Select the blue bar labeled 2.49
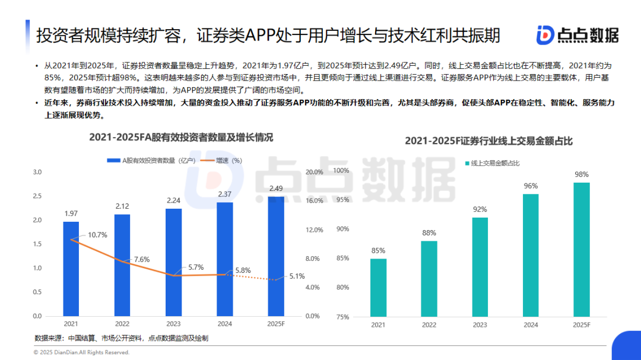[275, 256]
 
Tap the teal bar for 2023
[480, 267]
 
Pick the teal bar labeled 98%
[582, 249]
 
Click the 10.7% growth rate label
[97, 235]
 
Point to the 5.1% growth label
[297, 276]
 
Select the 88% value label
[429, 232]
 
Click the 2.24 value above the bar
[173, 200]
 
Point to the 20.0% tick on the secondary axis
[314, 172]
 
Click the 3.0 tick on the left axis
[37, 172]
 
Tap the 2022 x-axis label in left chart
[122, 324]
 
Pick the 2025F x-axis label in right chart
[582, 325]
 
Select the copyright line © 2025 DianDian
[81, 352]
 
